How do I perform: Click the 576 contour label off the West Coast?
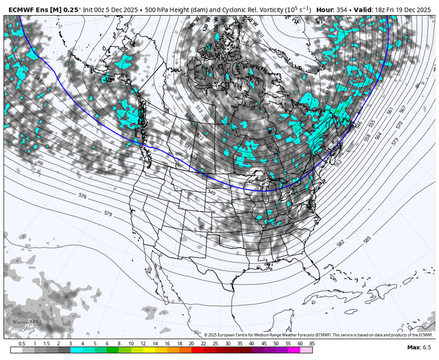coord(82,196)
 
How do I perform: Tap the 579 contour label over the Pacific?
coord(108,214)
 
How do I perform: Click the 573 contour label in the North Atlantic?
coord(395,141)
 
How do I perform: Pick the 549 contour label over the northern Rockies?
coord(211,193)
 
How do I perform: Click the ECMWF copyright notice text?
coord(319,334)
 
